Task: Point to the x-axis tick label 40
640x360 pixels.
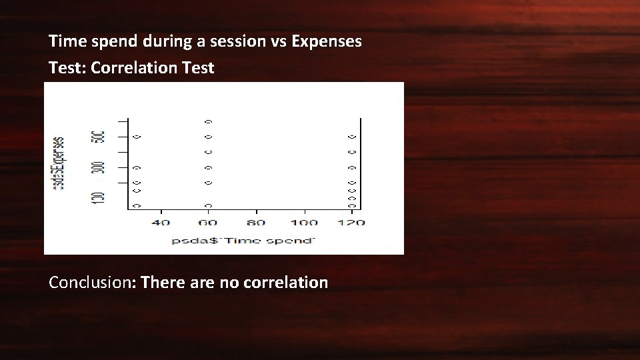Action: [x=161, y=223]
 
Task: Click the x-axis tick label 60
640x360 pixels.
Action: [x=209, y=223]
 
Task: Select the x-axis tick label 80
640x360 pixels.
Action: [x=256, y=223]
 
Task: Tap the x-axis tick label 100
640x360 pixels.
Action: [x=304, y=223]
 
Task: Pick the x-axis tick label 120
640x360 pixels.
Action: [x=351, y=223]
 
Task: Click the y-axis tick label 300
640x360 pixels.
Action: [x=99, y=167]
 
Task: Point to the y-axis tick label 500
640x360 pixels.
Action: [x=99, y=135]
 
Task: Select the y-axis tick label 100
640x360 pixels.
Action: [x=99, y=197]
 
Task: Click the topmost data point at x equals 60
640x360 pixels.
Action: [x=209, y=121]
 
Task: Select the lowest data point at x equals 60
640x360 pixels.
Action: [x=209, y=206]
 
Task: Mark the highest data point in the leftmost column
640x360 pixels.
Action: [x=137, y=137]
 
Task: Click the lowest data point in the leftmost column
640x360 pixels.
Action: [x=137, y=206]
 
